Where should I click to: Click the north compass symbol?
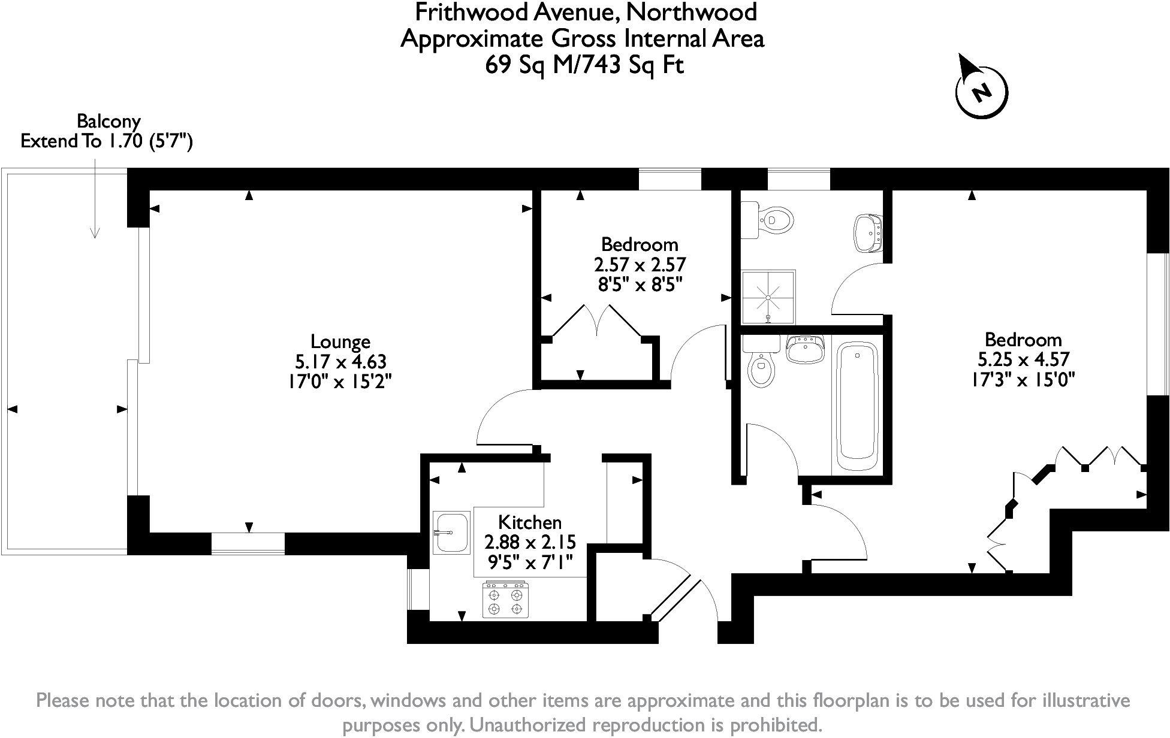(981, 92)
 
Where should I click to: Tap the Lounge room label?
(340, 341)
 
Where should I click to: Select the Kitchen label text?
(530, 522)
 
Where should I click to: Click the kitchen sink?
(451, 532)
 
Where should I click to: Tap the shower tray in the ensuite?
(768, 296)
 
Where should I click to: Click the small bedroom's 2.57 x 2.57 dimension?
(640, 264)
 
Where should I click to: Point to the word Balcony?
(108, 122)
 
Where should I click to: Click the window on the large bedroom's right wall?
(1158, 324)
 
